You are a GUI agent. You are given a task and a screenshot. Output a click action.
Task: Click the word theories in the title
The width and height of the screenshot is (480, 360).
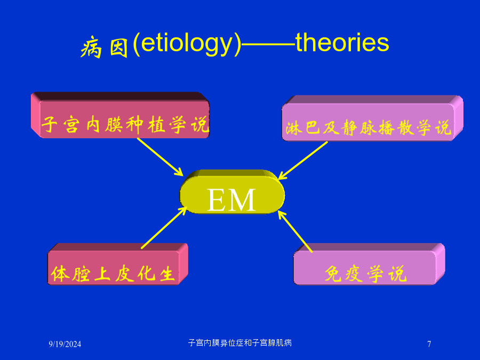point(342,43)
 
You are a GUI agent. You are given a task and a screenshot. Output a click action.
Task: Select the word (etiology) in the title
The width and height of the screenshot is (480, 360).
point(187,45)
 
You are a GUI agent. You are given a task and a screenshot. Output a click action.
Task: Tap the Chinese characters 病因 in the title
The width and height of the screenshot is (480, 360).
point(104,47)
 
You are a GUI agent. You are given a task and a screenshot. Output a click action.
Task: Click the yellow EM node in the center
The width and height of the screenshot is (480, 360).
point(232,192)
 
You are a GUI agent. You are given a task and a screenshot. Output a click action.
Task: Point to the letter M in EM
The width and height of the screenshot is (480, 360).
point(242,200)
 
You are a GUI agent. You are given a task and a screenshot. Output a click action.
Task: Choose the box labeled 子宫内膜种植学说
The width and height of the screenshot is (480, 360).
point(121,115)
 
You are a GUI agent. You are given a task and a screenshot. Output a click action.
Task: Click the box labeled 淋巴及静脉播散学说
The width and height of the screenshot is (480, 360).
point(372,118)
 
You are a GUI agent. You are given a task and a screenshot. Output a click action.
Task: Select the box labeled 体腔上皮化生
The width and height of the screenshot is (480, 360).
point(118,264)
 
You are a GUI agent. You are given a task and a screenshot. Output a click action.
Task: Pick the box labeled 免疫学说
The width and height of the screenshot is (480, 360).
point(369,264)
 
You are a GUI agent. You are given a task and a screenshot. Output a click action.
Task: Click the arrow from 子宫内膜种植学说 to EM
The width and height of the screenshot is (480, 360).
point(160,157)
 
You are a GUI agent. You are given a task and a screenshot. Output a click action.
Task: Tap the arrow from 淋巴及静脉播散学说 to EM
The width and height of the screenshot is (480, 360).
point(303,160)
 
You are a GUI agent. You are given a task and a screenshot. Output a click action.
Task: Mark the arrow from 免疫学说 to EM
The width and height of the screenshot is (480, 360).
point(295,231)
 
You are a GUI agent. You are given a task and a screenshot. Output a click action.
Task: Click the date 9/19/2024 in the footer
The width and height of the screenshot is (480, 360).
point(65,344)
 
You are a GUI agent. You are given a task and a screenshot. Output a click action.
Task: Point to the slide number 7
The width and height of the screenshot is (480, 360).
point(429,344)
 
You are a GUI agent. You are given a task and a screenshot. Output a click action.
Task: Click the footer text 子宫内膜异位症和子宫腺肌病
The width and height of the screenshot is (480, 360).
point(240,342)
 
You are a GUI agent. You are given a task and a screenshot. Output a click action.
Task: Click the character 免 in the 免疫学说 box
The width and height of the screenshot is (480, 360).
point(333,274)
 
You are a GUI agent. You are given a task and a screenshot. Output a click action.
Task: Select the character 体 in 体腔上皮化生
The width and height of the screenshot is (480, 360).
point(60,274)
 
